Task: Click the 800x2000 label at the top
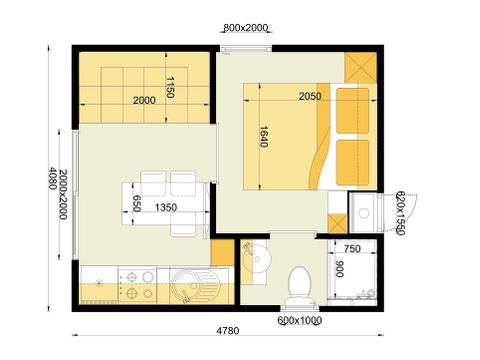[245, 28]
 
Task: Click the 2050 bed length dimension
[310, 96]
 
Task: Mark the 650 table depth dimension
[138, 205]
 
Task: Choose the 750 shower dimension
[352, 250]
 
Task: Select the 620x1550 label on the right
[399, 212]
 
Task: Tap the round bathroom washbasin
[257, 259]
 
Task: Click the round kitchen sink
[185, 284]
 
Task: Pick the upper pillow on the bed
[349, 111]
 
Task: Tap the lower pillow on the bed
[349, 161]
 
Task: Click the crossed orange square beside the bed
[359, 68]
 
